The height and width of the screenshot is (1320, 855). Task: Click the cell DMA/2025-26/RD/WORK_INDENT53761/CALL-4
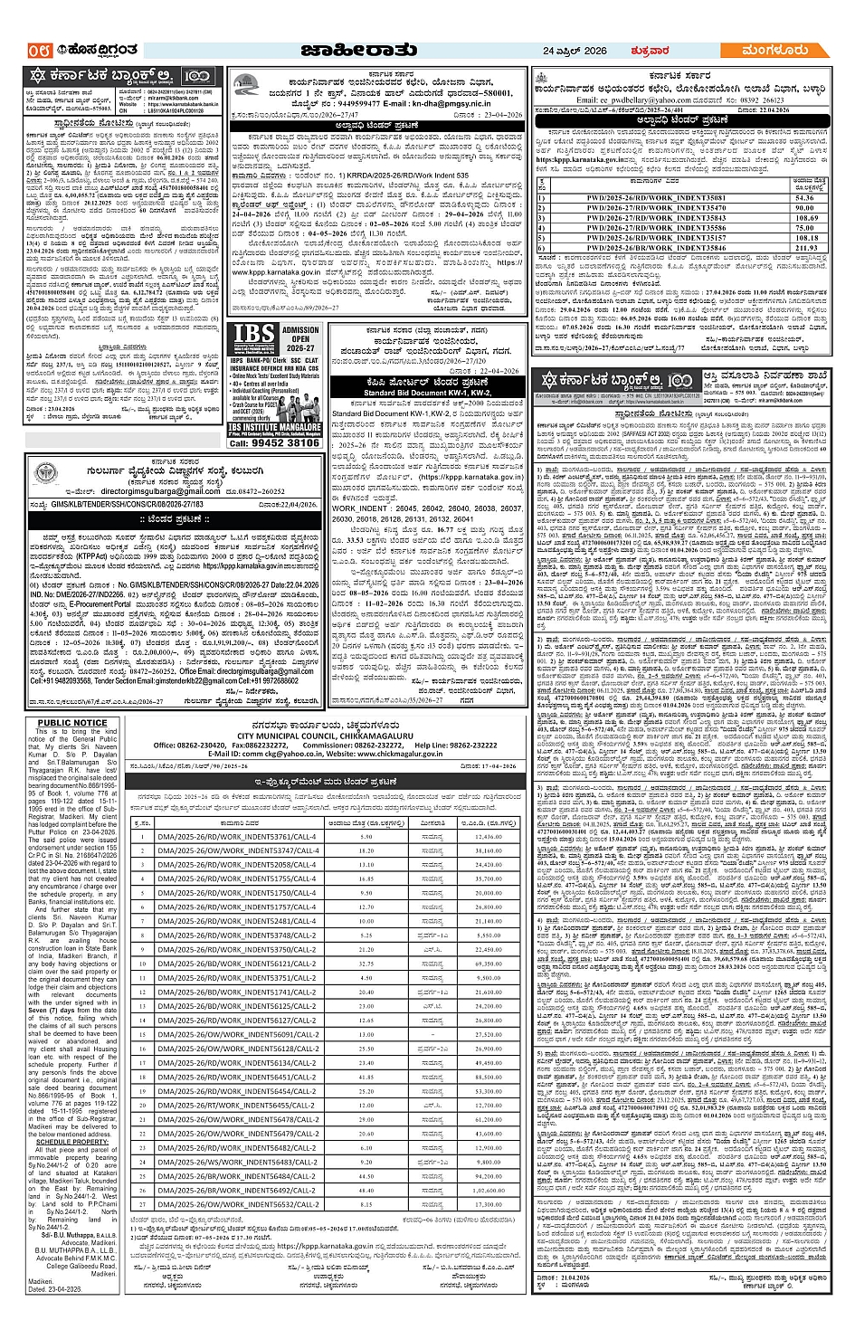[237, 837]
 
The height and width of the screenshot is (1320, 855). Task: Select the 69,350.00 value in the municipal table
[489, 964]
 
